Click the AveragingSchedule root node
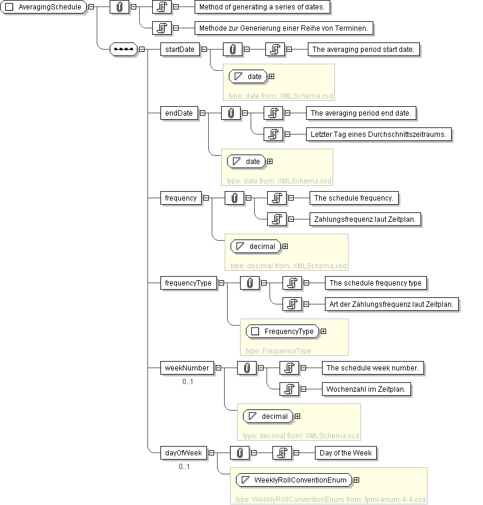point(44,7)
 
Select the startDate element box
point(180,50)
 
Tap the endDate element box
point(179,113)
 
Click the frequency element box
point(180,198)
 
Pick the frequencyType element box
point(188,283)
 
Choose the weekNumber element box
point(187,368)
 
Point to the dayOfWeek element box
point(183,453)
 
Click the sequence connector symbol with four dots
point(124,50)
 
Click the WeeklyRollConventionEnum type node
point(294,480)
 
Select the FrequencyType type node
point(282,332)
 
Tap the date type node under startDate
point(248,76)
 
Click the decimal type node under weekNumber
point(268,417)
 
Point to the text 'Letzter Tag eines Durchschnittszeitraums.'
point(379,135)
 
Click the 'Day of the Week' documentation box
point(346,453)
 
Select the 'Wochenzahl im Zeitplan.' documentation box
point(366,389)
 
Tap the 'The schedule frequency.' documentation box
point(354,198)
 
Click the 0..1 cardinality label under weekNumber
point(188,382)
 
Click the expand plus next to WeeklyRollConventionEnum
point(356,480)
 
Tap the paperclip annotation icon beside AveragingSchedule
point(120,7)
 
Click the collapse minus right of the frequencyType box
point(222,283)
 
